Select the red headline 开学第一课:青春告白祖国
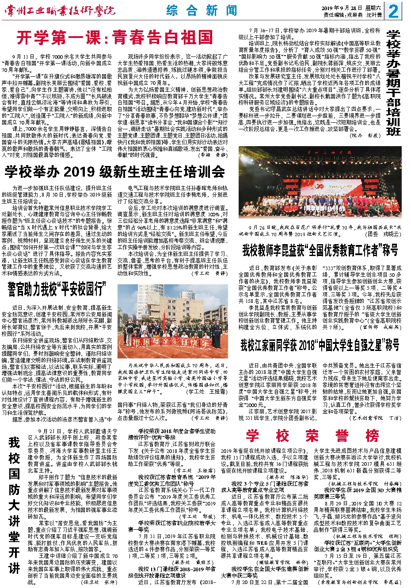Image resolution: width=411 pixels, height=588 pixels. (x=115, y=38)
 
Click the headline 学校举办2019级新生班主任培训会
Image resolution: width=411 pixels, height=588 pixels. (x=115, y=172)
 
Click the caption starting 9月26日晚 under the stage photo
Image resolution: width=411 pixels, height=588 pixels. (x=320, y=230)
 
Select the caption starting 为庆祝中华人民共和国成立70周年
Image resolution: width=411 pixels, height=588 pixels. (x=172, y=378)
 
